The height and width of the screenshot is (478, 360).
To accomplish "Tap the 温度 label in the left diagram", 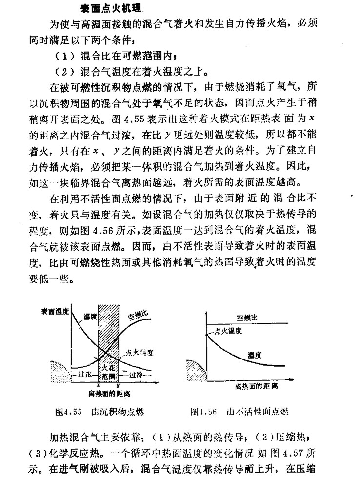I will (90, 317).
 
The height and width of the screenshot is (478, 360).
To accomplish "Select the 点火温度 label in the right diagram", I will (228, 331).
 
